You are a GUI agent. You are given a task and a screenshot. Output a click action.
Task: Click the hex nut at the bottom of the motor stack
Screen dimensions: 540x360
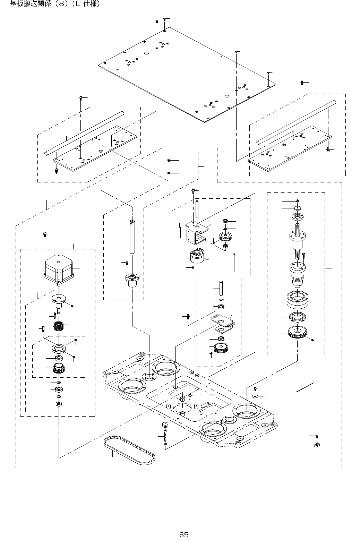tap(59, 403)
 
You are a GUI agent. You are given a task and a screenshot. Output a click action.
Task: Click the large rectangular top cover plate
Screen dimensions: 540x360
tap(187, 75)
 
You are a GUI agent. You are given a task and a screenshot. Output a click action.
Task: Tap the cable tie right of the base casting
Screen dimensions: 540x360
tap(306, 387)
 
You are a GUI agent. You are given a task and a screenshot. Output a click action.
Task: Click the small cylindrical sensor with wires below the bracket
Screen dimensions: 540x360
tap(197, 257)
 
